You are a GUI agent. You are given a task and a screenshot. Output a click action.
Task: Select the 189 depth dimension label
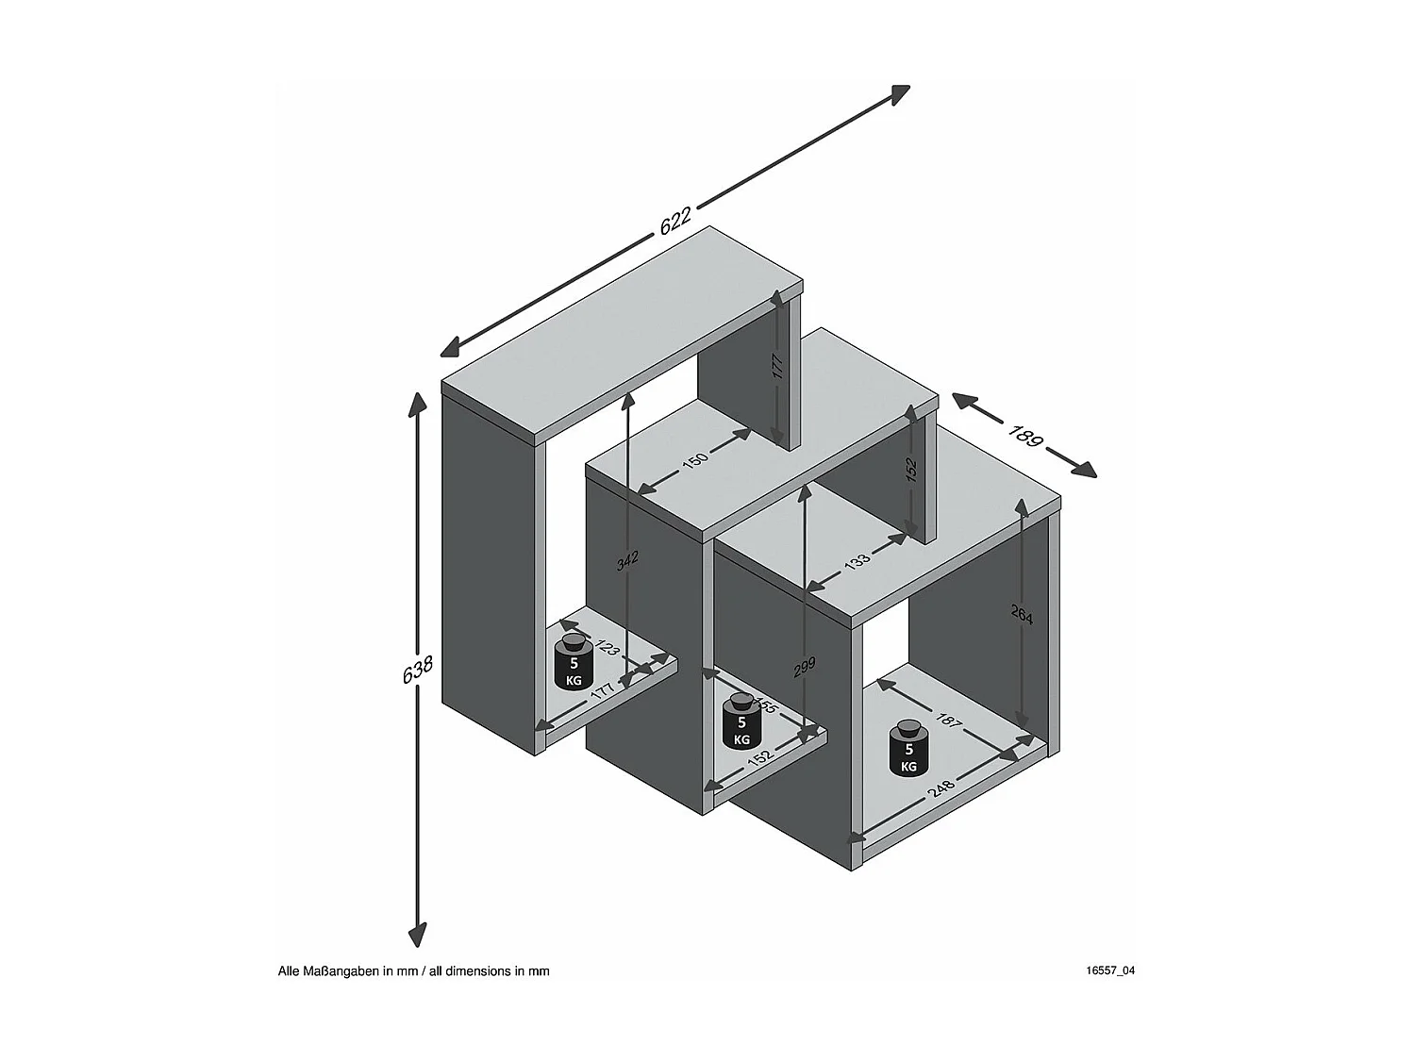click(1024, 435)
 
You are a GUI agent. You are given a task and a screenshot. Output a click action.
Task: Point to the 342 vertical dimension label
click(627, 560)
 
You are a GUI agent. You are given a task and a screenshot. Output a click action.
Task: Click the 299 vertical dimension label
click(804, 669)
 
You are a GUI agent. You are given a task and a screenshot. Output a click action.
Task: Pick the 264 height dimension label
click(1023, 616)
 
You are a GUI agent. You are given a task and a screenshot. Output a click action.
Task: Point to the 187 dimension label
click(947, 722)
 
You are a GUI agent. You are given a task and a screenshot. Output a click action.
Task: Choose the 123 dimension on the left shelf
click(608, 648)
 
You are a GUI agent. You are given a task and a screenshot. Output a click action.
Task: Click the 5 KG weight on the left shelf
click(573, 663)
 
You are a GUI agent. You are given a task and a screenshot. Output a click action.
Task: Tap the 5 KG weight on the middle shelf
click(741, 721)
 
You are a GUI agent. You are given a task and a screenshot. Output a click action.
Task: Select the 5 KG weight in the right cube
click(908, 750)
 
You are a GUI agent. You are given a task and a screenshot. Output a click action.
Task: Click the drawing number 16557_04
click(1110, 970)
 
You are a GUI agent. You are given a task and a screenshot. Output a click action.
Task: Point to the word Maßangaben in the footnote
click(337, 970)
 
